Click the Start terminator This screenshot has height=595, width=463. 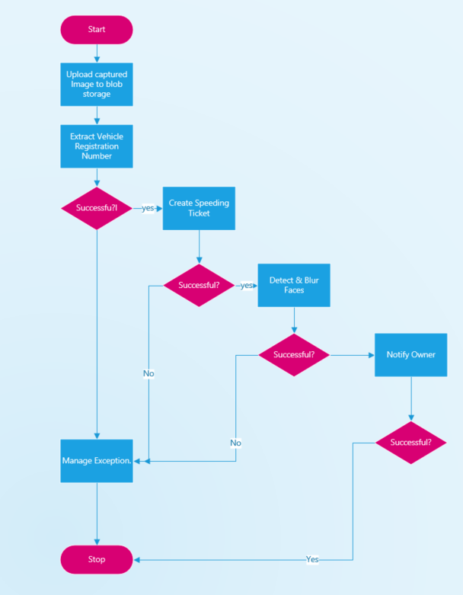click(97, 30)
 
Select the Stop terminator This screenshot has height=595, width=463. click(97, 559)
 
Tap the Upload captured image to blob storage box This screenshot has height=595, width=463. click(97, 84)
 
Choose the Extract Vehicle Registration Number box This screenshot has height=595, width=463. click(97, 146)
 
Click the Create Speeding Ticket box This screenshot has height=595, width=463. click(199, 208)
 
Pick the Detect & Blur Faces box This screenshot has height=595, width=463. click(294, 285)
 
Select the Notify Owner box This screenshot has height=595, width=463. click(411, 355)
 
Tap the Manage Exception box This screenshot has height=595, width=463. click(97, 461)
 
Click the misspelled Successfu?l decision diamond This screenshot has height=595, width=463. click(97, 207)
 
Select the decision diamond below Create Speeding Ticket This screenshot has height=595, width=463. click(199, 285)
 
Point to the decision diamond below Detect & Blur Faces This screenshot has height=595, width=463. click(294, 355)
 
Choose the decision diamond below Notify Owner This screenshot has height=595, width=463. click(411, 442)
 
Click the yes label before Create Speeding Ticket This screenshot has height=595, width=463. click(148, 208)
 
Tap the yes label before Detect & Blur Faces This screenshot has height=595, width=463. click(247, 286)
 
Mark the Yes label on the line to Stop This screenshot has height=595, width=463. click(312, 559)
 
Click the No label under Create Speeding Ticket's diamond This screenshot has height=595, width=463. click(148, 373)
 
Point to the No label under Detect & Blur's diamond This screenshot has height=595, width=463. click(236, 443)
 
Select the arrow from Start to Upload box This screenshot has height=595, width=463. click(97, 53)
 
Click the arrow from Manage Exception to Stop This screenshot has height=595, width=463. click(97, 514)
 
